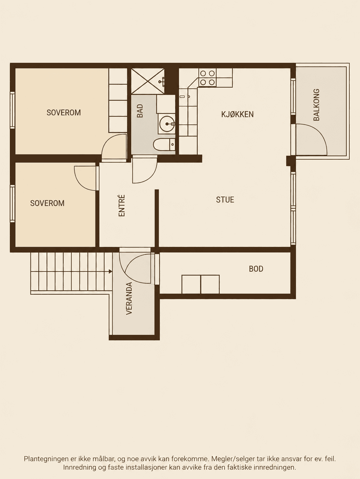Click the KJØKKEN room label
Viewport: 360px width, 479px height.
pyautogui.click(x=237, y=114)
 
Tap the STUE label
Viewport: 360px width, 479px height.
pyautogui.click(x=225, y=200)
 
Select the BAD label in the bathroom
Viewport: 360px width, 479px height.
pyautogui.click(x=140, y=111)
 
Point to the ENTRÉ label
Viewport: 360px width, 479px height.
pyautogui.click(x=122, y=206)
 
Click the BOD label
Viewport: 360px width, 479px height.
pyautogui.click(x=256, y=269)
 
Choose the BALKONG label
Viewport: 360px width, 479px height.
pyautogui.click(x=316, y=105)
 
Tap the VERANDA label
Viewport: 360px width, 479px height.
pyautogui.click(x=129, y=299)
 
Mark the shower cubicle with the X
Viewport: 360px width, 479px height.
pyautogui.click(x=148, y=81)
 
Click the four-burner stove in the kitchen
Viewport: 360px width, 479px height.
pyautogui.click(x=207, y=77)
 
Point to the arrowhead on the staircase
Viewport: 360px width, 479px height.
pyautogui.click(x=111, y=271)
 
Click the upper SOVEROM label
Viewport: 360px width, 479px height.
pyautogui.click(x=64, y=113)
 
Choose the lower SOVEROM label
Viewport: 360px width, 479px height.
pyautogui.click(x=47, y=203)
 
